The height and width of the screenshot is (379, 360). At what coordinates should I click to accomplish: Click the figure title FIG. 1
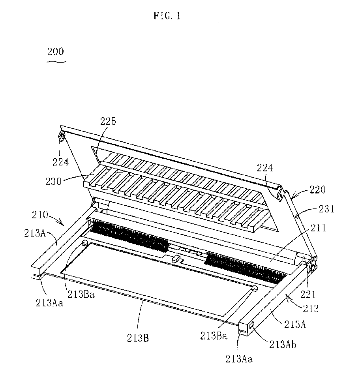[x=167, y=16]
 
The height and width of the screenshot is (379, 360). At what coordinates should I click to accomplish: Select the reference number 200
[x=56, y=51]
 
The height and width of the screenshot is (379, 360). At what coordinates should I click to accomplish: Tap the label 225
[x=108, y=121]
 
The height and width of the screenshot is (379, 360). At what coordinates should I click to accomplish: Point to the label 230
[x=53, y=181]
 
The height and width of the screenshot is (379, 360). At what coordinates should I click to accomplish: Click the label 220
[x=317, y=189]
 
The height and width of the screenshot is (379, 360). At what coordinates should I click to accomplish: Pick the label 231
[x=326, y=208]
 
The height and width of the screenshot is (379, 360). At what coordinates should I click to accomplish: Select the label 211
[x=318, y=228]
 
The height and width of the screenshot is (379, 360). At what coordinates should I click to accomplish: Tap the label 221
[x=308, y=294]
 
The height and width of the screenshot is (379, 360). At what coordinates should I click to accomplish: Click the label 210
[x=40, y=215]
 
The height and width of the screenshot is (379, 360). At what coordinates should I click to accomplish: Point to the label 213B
[x=138, y=338]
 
